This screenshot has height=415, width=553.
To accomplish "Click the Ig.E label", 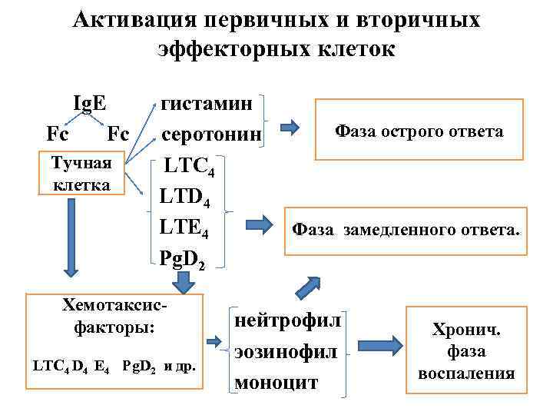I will point(89,104).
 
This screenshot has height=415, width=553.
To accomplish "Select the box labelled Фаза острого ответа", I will point(419,131).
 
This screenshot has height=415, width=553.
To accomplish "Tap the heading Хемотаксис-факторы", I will point(114,315).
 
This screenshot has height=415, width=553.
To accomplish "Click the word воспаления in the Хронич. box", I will point(466,373).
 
